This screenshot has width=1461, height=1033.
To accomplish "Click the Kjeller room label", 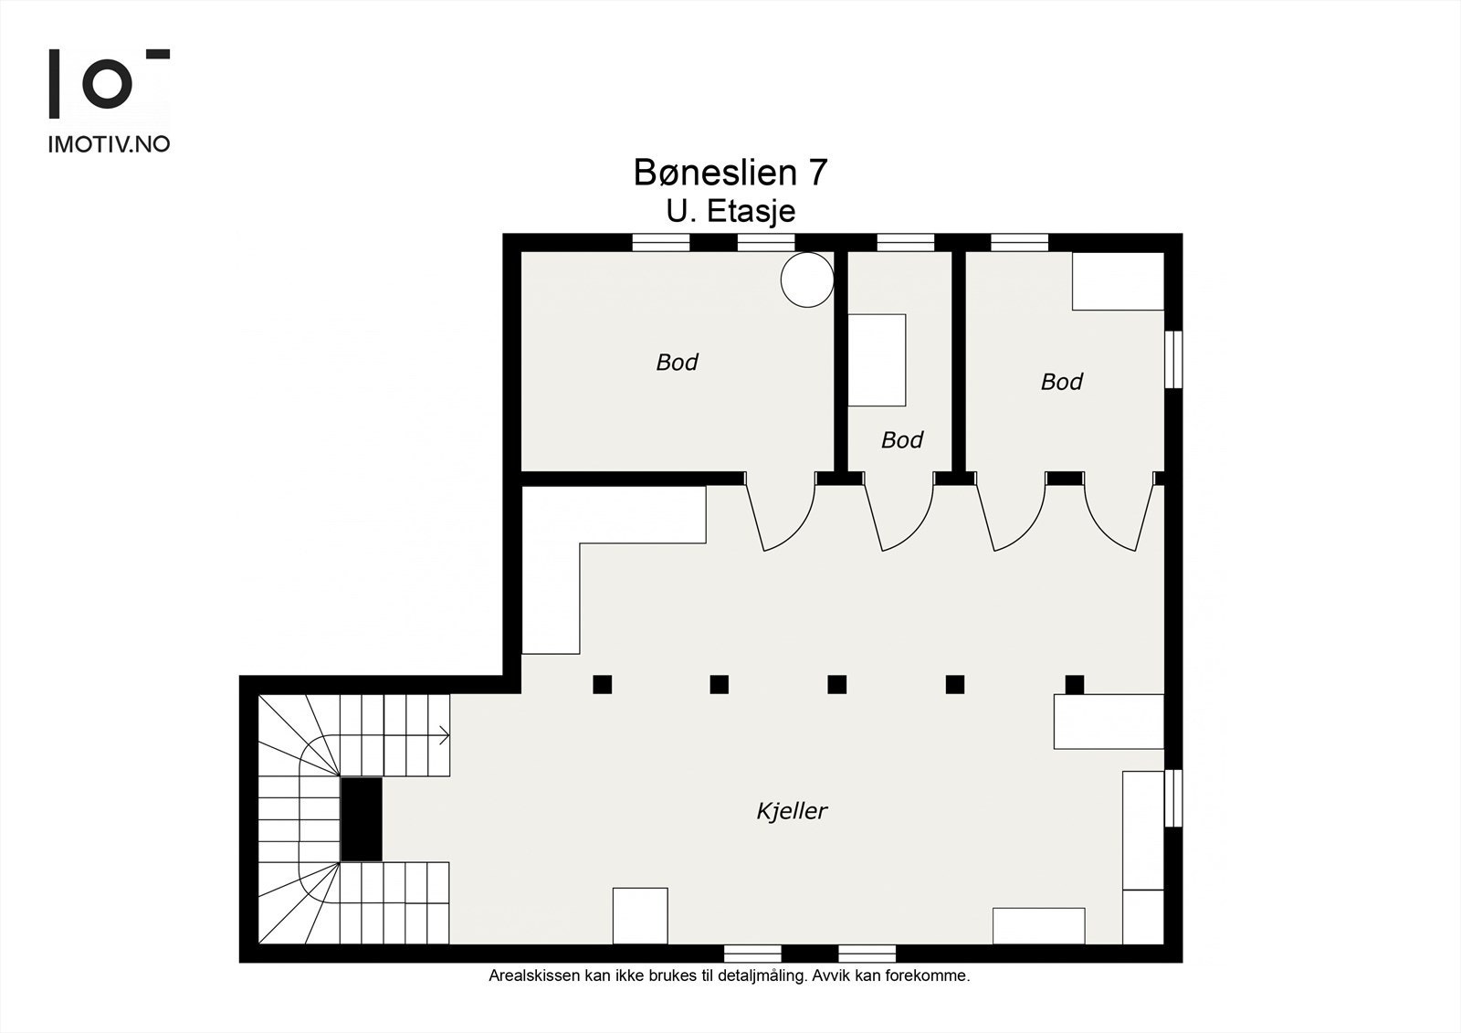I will coord(792,810).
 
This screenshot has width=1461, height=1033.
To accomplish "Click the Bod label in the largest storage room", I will coord(677,363).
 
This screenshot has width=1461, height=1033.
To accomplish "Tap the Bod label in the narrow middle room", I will coord(901,440).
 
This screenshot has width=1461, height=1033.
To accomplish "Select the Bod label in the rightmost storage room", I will coord(1061,382).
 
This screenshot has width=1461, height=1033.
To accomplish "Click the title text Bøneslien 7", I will coord(730,173).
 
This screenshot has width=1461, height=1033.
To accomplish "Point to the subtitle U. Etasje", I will coord(730,211).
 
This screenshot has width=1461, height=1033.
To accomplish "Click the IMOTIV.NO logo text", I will coord(109,143).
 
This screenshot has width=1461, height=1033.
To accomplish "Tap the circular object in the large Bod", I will coord(807,279).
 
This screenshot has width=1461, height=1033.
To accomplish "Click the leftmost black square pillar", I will coord(602,684).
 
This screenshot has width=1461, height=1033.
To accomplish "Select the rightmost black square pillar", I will coord(1075,684).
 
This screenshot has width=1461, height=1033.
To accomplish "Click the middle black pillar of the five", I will coord(837,684).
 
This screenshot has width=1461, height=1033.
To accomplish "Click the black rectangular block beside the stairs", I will coord(361,818).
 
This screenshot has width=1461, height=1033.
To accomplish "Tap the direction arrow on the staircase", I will coord(444,734).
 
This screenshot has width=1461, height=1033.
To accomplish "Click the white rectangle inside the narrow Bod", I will coord(877,360).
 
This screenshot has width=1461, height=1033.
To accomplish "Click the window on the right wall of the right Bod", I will coord(1174,360).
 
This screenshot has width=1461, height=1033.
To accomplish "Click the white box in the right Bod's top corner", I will coord(1118,281).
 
